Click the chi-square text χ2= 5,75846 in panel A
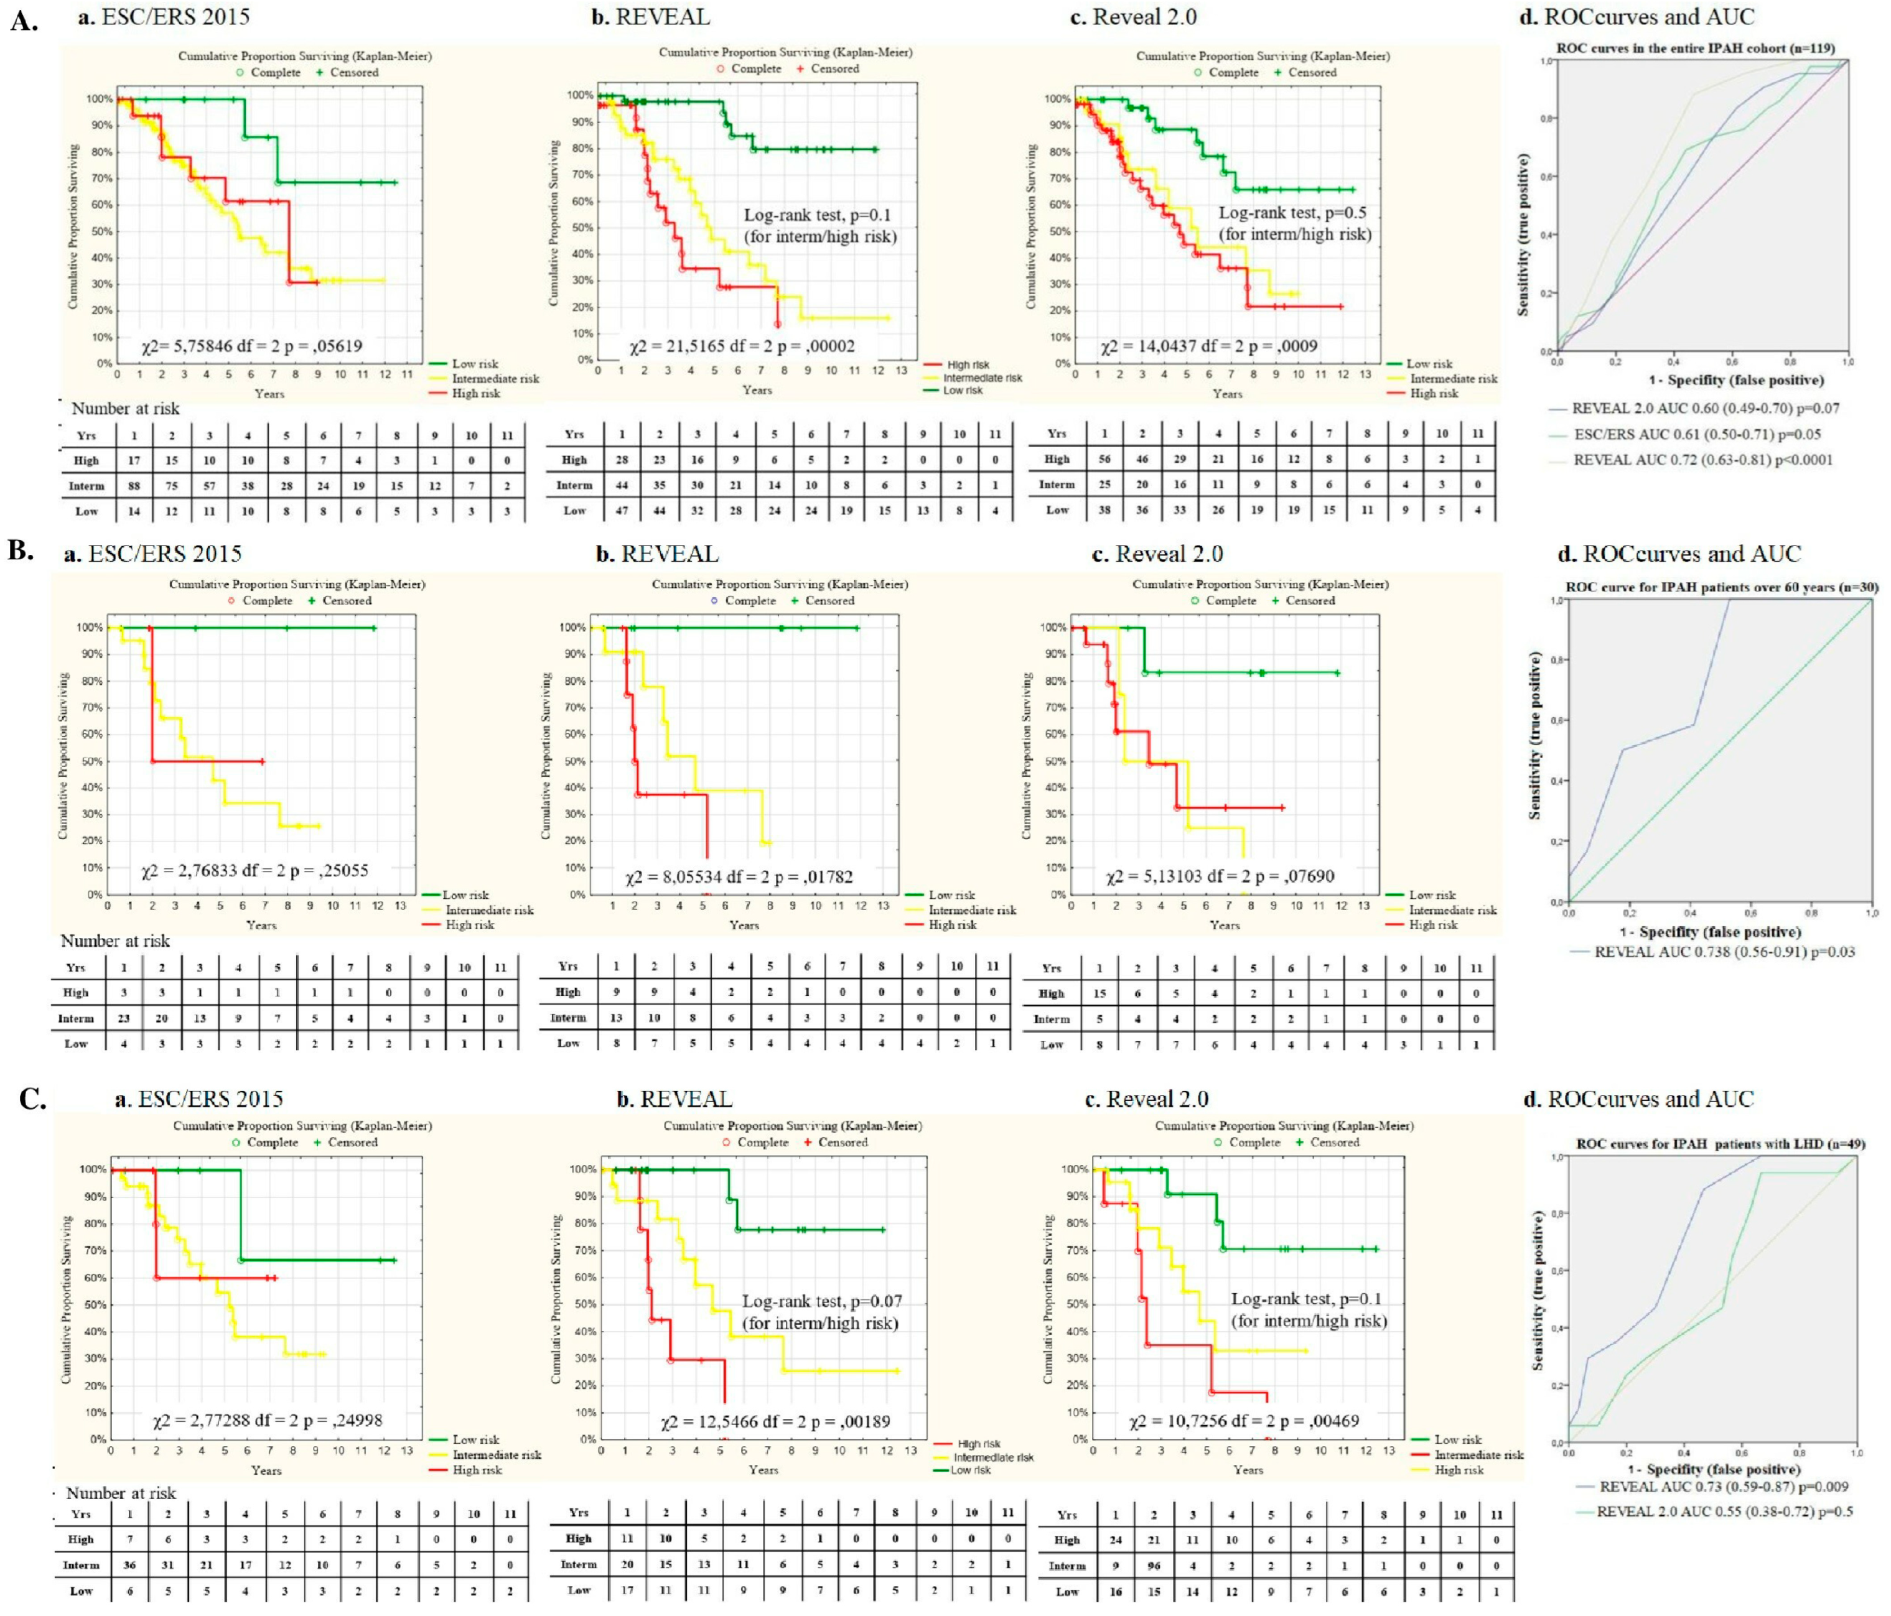pos(251,346)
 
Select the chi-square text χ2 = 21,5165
pos(742,346)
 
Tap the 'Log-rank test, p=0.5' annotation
pos(1292,213)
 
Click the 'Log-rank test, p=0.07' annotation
pos(821,1301)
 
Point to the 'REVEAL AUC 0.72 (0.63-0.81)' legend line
pos(1702,460)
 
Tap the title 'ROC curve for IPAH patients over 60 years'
pos(1721,588)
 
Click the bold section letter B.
pos(20,550)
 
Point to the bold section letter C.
pos(33,1098)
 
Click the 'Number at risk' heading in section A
pos(126,408)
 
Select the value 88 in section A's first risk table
pos(133,485)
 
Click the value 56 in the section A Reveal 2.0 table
pos(1104,459)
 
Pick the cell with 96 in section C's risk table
pos(1154,1566)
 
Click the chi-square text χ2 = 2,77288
pos(268,1420)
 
